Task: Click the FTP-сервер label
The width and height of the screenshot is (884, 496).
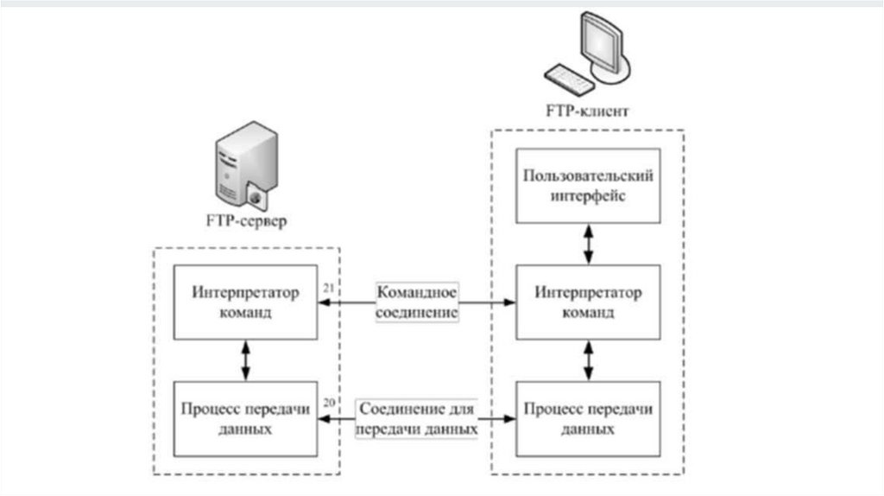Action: tap(247, 220)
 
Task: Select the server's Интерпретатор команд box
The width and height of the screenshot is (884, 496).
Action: tap(247, 302)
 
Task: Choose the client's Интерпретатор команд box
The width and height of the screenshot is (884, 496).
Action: tap(588, 302)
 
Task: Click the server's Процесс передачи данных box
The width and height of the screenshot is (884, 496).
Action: tap(247, 417)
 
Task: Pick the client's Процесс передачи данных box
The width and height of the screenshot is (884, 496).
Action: tap(588, 417)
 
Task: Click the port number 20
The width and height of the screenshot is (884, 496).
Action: tap(327, 402)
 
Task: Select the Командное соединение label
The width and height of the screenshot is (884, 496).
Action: tap(417, 302)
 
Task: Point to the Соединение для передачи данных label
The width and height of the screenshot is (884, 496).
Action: tap(417, 417)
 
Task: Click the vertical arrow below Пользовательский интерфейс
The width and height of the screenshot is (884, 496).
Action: tap(588, 244)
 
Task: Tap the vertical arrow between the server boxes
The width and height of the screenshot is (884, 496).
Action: tap(247, 359)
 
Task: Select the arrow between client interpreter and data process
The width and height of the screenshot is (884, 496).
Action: tap(588, 359)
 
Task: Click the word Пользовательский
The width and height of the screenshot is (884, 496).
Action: tap(588, 177)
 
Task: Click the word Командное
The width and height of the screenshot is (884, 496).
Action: tap(417, 292)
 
